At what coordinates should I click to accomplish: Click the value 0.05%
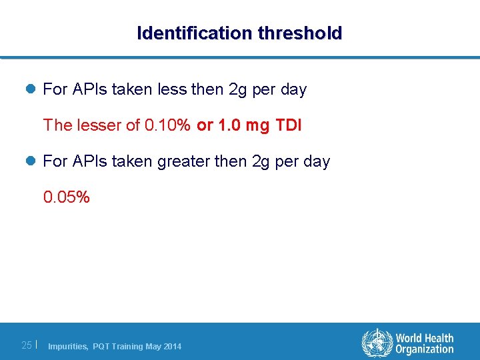66,197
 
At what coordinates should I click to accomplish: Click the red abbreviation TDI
288,125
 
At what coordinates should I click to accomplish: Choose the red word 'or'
204,125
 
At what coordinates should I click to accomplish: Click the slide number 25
27,345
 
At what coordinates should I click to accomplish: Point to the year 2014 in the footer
172,346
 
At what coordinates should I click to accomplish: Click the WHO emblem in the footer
377,343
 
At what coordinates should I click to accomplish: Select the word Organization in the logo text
424,349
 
